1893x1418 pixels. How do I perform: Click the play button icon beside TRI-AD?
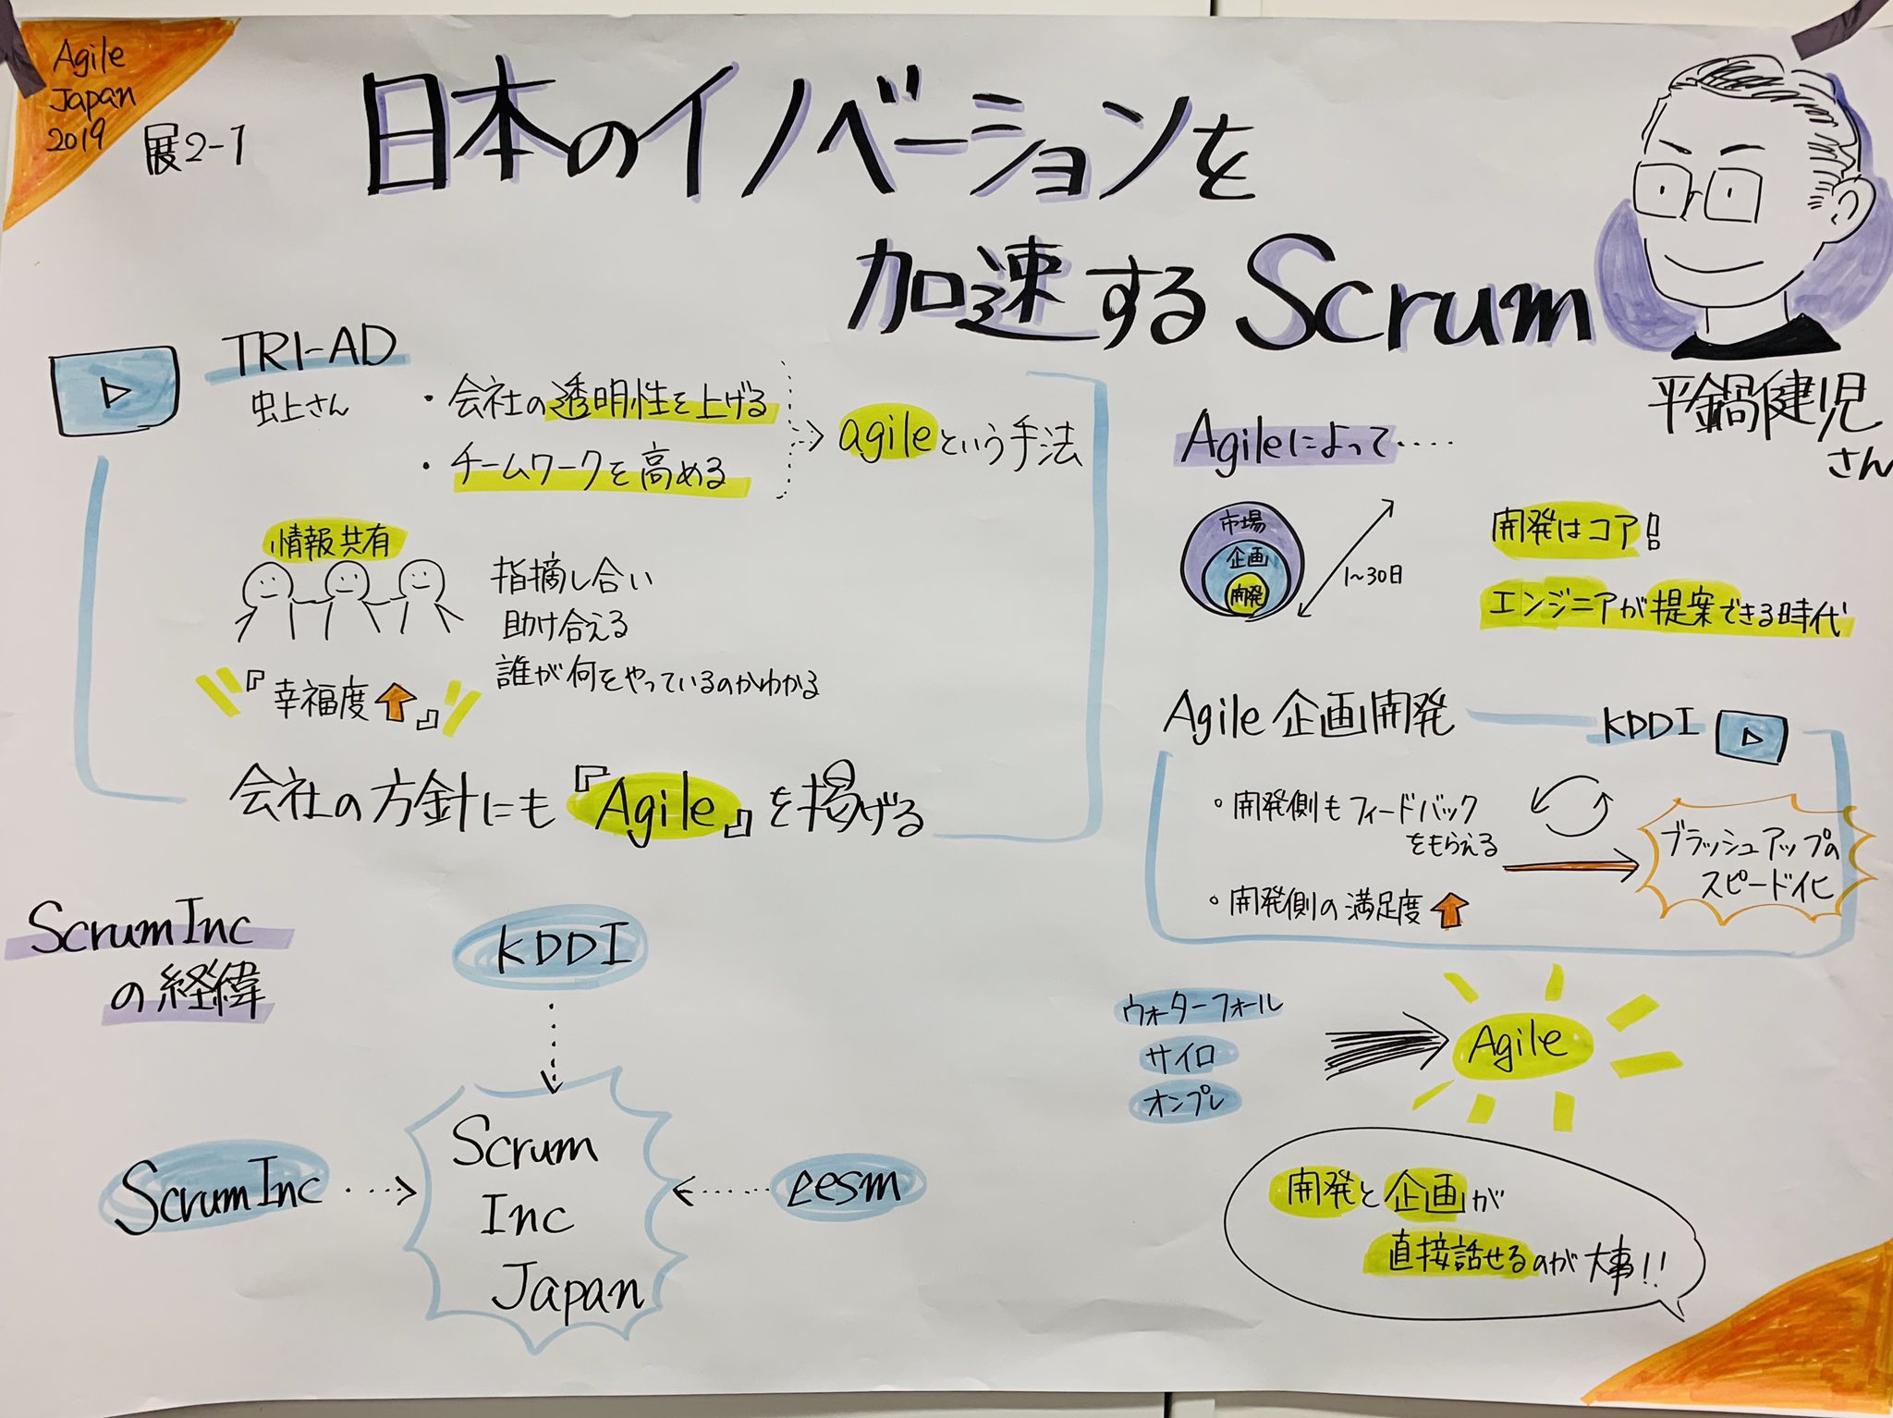116,393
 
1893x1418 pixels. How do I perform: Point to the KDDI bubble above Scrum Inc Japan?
551,951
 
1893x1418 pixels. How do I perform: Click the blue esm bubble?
845,1186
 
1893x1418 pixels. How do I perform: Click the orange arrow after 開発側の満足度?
1448,910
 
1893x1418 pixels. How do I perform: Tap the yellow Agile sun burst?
1521,1045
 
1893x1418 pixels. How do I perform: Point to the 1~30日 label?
1372,576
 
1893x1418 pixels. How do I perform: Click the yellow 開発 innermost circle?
1245,595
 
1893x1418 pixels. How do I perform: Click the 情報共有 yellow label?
333,542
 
